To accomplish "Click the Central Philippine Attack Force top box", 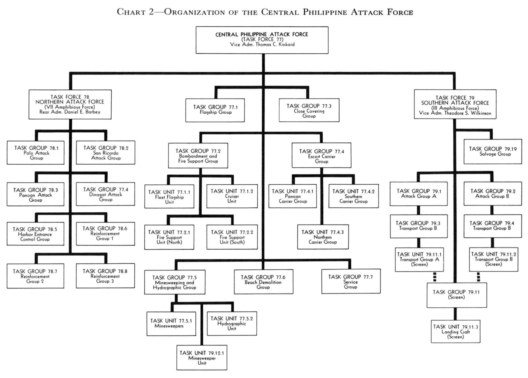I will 262,40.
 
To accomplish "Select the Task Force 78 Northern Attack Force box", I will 70,104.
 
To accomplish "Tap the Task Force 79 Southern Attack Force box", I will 455,104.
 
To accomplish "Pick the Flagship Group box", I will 215,110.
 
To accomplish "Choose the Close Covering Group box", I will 309,110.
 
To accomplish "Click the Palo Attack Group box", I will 36,153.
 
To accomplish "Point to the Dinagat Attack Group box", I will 105,194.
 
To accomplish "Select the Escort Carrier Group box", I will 321,155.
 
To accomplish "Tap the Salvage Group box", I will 493,152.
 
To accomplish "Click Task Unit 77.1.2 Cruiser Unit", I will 232,196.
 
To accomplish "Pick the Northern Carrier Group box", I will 323,237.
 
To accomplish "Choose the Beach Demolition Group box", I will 263,282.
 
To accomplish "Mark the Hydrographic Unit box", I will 232,323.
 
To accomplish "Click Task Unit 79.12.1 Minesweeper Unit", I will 202,357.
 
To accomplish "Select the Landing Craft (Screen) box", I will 455,332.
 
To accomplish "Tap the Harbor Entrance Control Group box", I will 35,234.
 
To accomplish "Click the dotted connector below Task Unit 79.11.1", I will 435,277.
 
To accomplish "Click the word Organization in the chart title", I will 194,12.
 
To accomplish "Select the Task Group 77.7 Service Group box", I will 351,281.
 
